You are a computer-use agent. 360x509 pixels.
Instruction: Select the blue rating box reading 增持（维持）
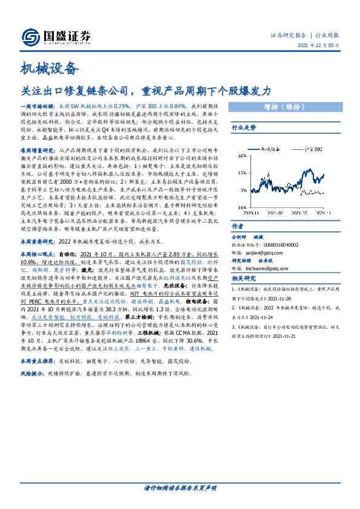(x=283, y=107)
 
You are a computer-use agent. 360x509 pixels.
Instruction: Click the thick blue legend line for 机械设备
(x=251, y=147)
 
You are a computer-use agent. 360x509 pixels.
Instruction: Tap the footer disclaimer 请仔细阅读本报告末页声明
(x=180, y=487)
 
